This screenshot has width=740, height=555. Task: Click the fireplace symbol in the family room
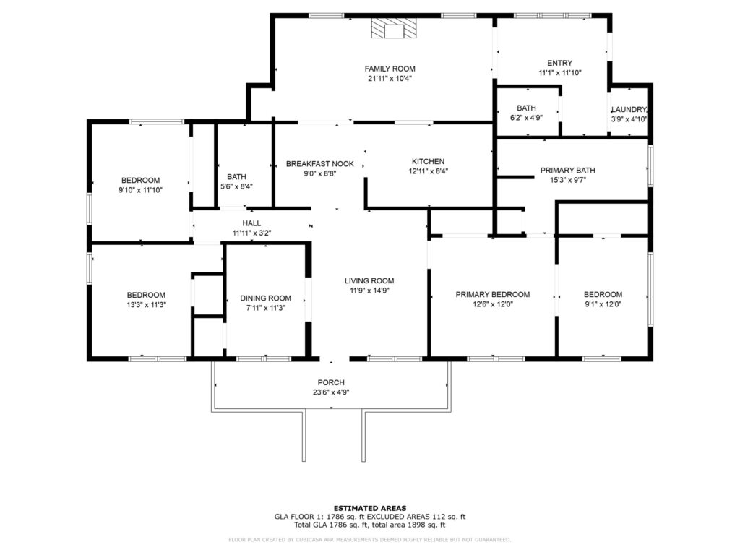click(394, 29)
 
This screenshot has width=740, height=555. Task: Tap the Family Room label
click(390, 69)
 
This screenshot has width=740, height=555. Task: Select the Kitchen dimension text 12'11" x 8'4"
click(428, 172)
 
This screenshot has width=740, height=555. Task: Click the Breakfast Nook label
click(319, 164)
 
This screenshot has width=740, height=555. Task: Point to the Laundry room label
click(629, 110)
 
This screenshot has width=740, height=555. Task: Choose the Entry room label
click(559, 63)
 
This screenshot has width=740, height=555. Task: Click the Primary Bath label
click(567, 171)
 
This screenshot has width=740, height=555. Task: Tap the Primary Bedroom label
click(492, 295)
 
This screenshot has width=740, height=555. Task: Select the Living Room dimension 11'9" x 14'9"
click(369, 291)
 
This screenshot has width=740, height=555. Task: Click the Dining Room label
click(265, 298)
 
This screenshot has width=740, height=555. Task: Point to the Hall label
click(251, 223)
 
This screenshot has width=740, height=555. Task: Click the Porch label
click(331, 382)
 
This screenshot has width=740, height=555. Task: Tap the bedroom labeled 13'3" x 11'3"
click(146, 295)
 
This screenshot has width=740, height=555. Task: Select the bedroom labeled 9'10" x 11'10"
click(140, 180)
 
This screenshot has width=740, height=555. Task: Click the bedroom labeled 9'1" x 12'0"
click(603, 295)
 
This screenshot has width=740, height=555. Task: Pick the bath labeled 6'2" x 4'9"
click(526, 108)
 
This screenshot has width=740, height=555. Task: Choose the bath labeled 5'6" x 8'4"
click(236, 176)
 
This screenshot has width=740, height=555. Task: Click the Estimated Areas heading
click(369, 508)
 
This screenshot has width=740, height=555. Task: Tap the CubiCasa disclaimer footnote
click(369, 539)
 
